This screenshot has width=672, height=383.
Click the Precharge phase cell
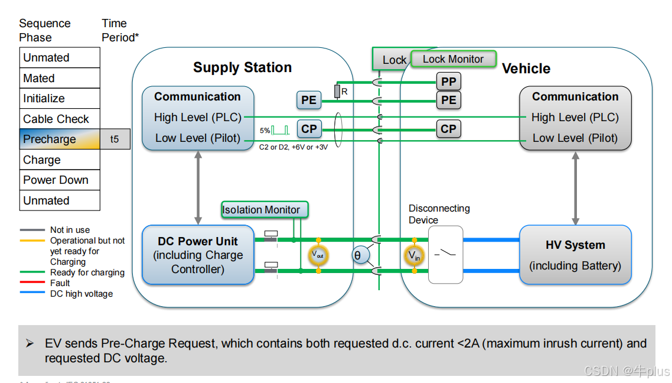point(60,139)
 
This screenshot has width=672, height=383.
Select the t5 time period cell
point(115,139)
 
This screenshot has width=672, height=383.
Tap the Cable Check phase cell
point(60,119)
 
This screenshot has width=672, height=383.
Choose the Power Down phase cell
point(60,180)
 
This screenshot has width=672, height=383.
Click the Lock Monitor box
point(453,59)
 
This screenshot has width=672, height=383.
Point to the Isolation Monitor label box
point(261,210)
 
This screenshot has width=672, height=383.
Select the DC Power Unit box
point(198,255)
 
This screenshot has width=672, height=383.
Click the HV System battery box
point(575,255)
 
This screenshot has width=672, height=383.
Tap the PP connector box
point(449,82)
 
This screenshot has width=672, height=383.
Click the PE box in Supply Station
point(309,100)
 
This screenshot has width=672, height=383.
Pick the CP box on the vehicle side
point(449,129)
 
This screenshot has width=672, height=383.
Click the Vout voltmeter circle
point(318,255)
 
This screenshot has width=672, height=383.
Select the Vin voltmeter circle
point(414,255)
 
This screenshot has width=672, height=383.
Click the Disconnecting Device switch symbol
point(445,255)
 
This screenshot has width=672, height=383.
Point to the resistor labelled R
point(337,92)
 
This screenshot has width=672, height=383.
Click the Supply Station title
point(242,67)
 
